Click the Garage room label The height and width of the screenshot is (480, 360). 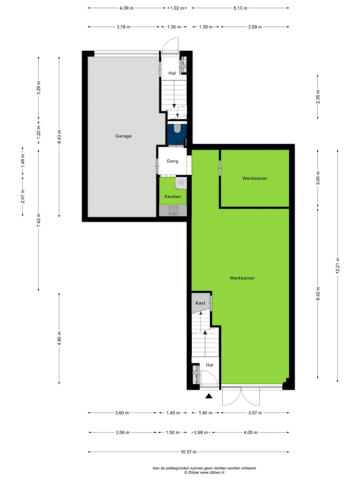click(x=124, y=136)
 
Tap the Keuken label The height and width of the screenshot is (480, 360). click(x=173, y=196)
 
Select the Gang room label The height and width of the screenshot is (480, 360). click(x=172, y=161)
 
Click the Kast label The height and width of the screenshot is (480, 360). click(x=200, y=303)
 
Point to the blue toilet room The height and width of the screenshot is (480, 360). click(x=177, y=133)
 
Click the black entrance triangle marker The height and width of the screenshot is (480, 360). click(x=209, y=396)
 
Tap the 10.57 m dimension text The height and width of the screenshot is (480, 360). click(x=189, y=452)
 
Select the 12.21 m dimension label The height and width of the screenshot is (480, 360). click(x=338, y=265)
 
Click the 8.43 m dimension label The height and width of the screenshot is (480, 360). click(x=59, y=137)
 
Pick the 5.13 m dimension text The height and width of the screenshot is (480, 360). click(x=240, y=8)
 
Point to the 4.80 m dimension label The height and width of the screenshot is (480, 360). click(x=59, y=338)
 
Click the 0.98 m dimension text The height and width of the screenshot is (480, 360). click(x=201, y=433)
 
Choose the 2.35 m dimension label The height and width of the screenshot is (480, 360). click(x=318, y=97)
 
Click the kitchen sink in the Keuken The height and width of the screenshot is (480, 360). click(x=173, y=211)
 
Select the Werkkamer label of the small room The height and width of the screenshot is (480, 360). click(x=255, y=178)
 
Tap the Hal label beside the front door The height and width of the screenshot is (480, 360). click(x=210, y=365)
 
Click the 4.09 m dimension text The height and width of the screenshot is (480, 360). click(x=127, y=8)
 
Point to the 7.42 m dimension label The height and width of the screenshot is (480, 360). click(x=39, y=220)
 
